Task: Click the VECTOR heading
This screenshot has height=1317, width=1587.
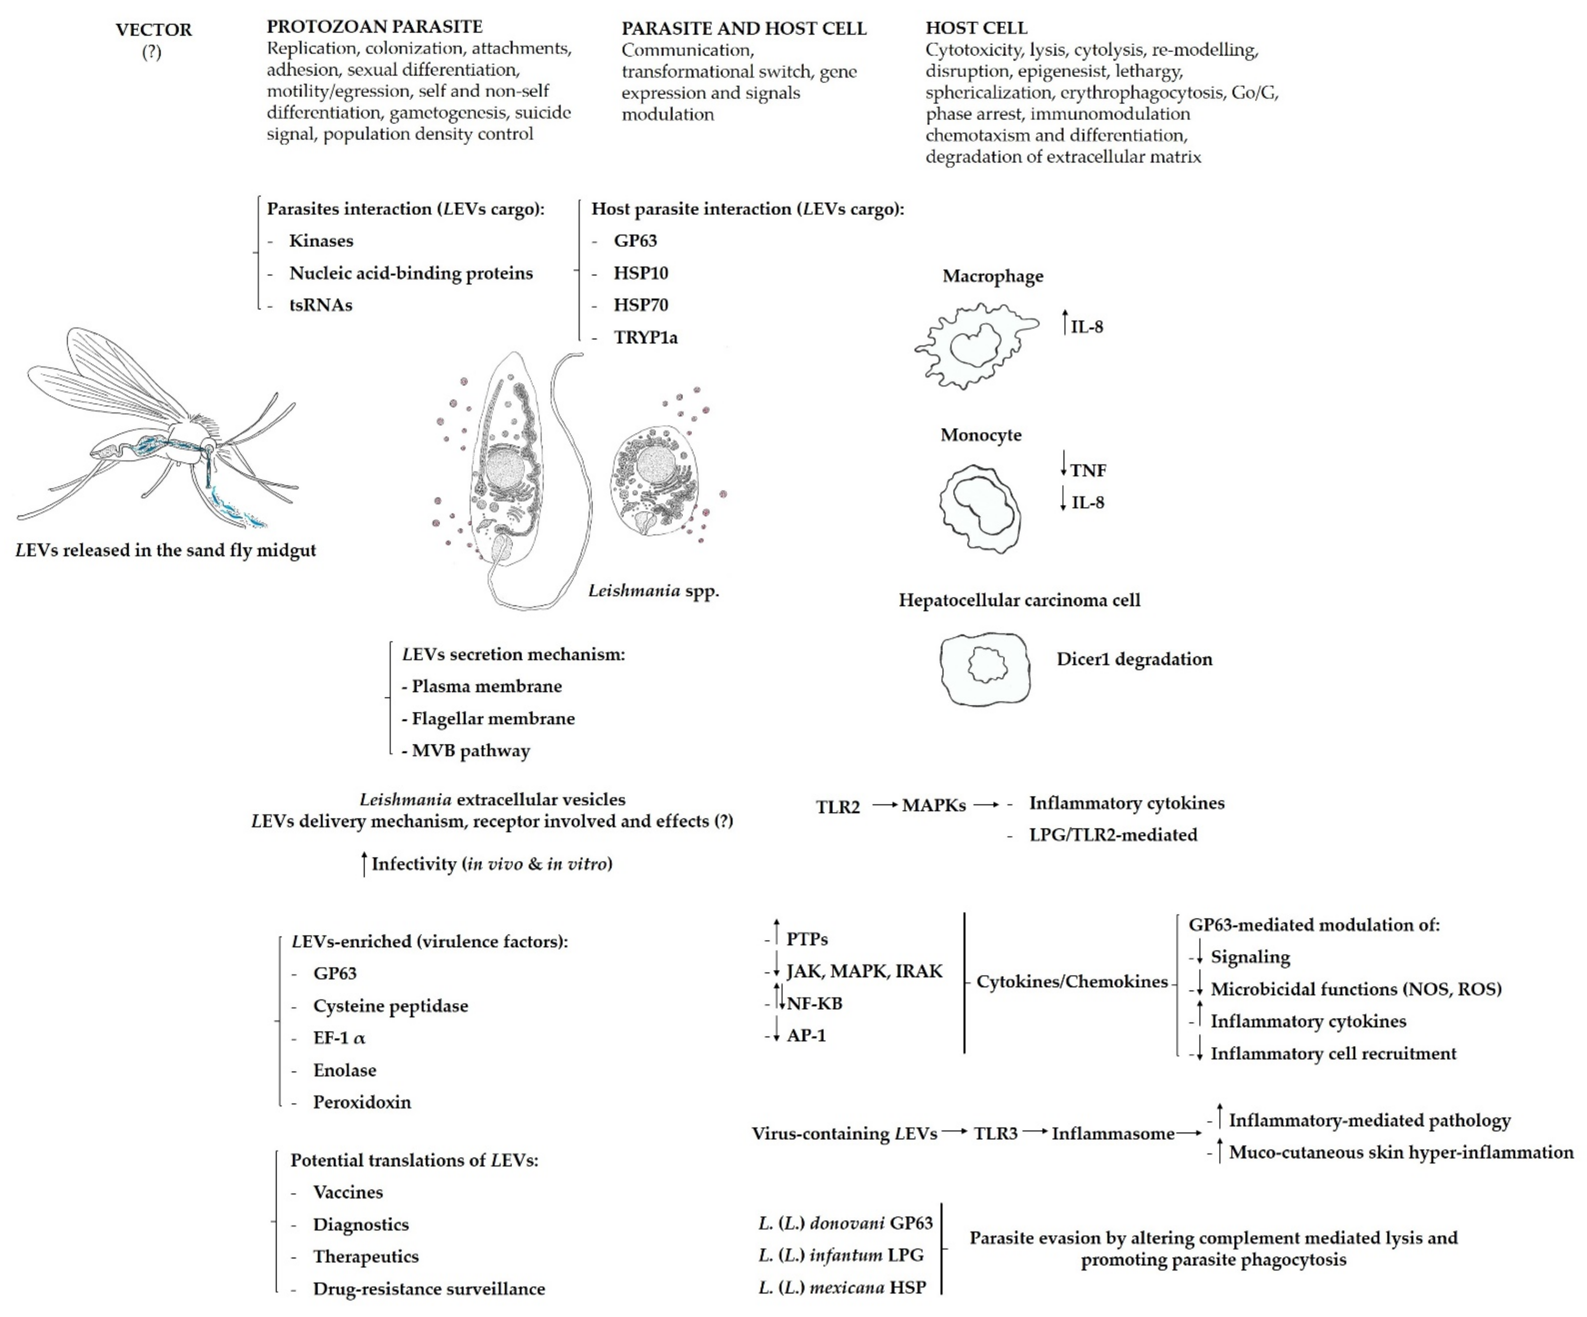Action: (x=153, y=30)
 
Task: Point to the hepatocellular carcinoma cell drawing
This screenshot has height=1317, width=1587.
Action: (x=985, y=668)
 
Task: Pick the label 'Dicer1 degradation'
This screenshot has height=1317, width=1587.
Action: (x=1133, y=659)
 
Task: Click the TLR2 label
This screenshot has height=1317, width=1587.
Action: (x=837, y=807)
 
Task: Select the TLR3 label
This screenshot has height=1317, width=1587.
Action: (x=995, y=1133)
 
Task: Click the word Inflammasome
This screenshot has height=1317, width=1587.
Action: (x=1112, y=1133)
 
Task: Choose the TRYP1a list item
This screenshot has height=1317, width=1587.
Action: (x=646, y=337)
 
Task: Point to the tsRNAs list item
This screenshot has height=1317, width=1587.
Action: (x=320, y=305)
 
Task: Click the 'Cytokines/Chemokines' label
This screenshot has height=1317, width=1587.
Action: (x=1071, y=981)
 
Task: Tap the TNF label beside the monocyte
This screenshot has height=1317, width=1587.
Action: (x=1088, y=470)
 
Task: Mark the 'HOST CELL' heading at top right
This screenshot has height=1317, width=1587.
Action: (x=976, y=28)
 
